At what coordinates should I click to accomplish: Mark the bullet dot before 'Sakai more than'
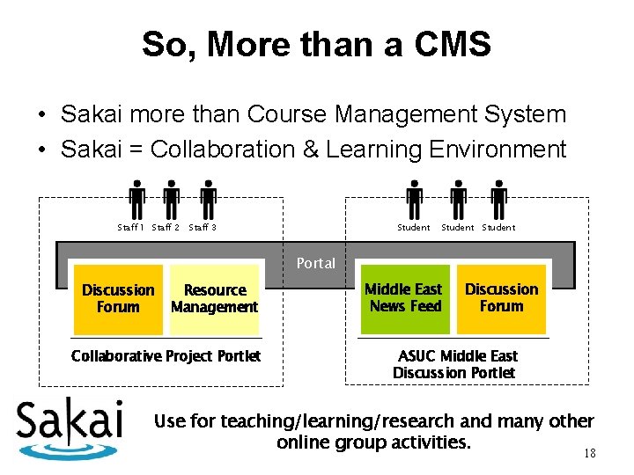tap(41, 115)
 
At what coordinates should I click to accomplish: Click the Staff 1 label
tap(131, 228)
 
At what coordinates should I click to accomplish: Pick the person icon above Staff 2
tap(172, 200)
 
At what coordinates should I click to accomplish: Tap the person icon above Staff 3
tap(208, 200)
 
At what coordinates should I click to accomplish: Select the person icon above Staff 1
tap(136, 200)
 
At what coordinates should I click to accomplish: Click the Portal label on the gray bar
tap(315, 263)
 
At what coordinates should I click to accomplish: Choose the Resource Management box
tap(215, 299)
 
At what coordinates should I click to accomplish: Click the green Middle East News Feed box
tap(404, 298)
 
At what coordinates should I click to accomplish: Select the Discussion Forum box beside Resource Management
tap(118, 299)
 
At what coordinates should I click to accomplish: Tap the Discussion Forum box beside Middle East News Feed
tap(501, 298)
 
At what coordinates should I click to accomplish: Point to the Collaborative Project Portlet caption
tap(166, 356)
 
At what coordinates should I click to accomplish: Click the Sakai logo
tap(70, 428)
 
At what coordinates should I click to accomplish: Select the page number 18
tap(589, 454)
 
